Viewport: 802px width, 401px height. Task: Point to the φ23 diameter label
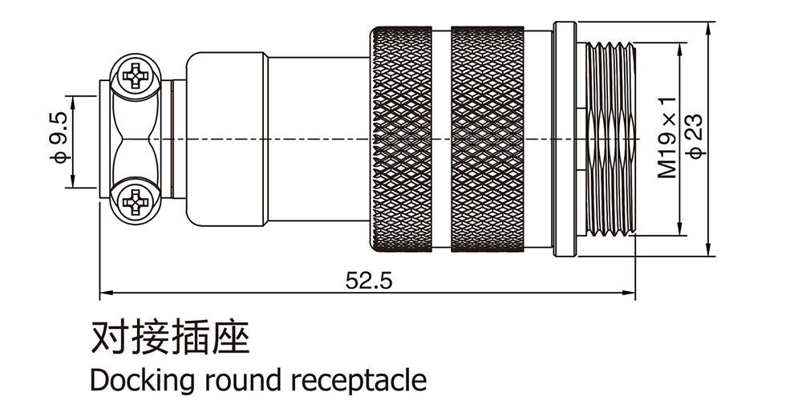(x=695, y=137)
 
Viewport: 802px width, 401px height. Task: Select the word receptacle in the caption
(x=357, y=379)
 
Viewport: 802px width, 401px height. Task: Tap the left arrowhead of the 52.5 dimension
(x=105, y=293)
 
